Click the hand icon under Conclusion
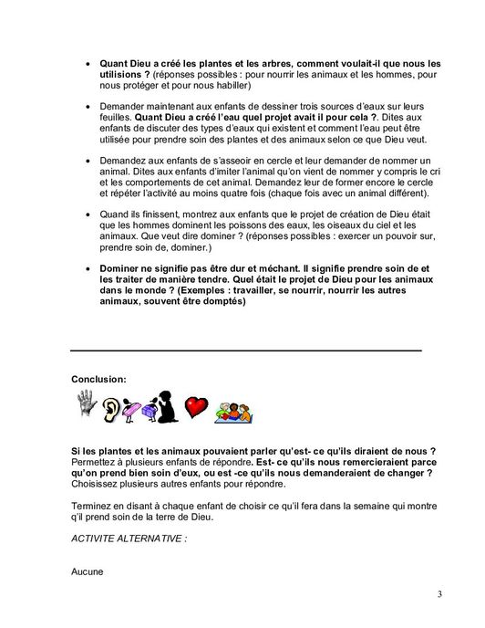pos(87,404)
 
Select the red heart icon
pos(196,407)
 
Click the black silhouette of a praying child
pos(167,406)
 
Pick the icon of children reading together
pos(232,412)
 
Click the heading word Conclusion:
pos(98,377)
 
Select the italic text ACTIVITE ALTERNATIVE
pos(128,539)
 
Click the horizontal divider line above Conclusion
pos(246,350)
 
